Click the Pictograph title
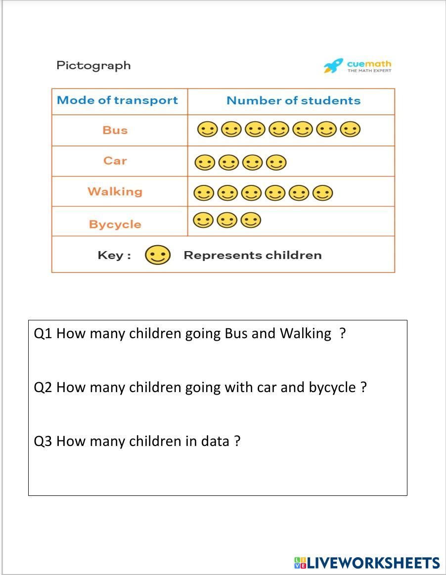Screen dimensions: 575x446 pos(93,65)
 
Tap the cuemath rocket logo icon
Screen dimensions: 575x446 pos(333,66)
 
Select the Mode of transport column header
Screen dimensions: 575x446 pos(117,100)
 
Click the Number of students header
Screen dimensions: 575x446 pos(293,100)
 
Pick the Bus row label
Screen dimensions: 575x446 pos(115,131)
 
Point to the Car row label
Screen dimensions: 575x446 pos(115,161)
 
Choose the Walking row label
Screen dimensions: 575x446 pos(115,191)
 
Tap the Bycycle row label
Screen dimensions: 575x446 pos(115,224)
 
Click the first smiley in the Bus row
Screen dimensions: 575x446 pos(207,130)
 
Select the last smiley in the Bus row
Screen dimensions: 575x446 pos(350,130)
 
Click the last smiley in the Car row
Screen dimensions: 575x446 pos(276,162)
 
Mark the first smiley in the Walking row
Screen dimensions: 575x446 pos(203,193)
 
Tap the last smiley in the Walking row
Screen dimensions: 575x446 pos(322,193)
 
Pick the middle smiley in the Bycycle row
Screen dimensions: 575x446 pos(227,220)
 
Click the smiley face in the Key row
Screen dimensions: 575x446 pos(158,255)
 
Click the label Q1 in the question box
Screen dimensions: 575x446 pos(43,334)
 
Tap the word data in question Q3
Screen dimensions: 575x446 pos(215,441)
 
